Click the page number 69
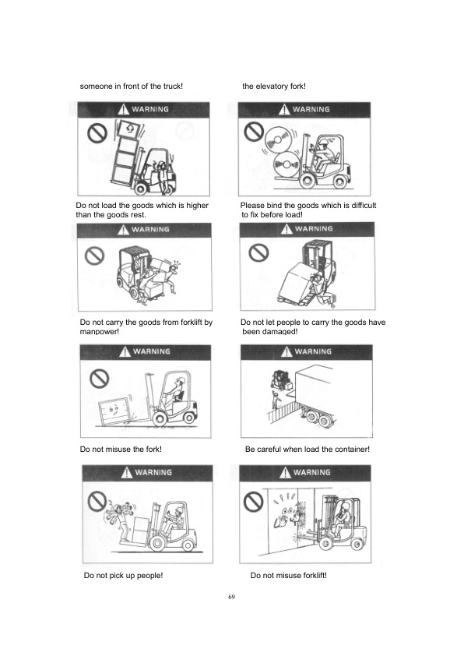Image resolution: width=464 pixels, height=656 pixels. point(231,597)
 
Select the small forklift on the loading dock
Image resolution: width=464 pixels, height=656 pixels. point(278,381)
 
